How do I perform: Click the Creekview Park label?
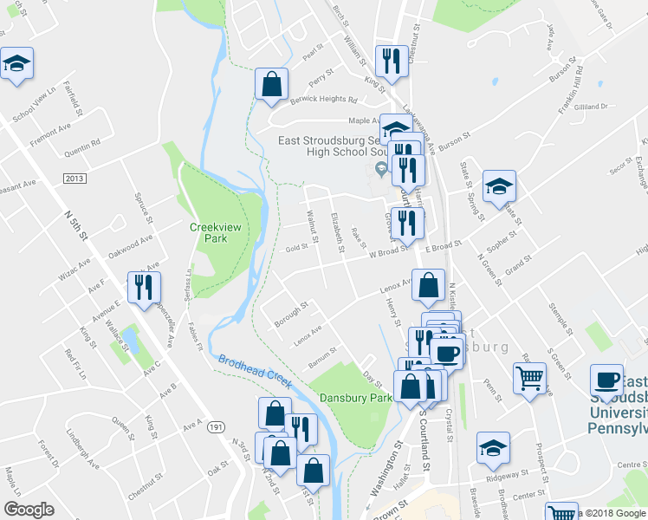pyautogui.click(x=213, y=232)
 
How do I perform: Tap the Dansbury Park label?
pyautogui.click(x=350, y=398)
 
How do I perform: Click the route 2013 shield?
pyautogui.click(x=75, y=178)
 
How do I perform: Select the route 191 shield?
pyautogui.click(x=217, y=427)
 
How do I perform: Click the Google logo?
pyautogui.click(x=29, y=509)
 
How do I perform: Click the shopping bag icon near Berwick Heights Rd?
pyautogui.click(x=272, y=83)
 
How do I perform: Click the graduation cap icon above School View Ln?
pyautogui.click(x=16, y=63)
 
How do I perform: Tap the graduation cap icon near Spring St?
pyautogui.click(x=499, y=186)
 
